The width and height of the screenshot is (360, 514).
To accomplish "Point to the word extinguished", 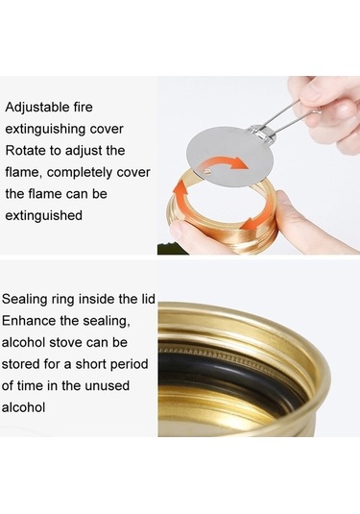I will coord(45,215).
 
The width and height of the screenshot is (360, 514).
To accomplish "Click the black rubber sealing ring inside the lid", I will coord(206,370).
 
